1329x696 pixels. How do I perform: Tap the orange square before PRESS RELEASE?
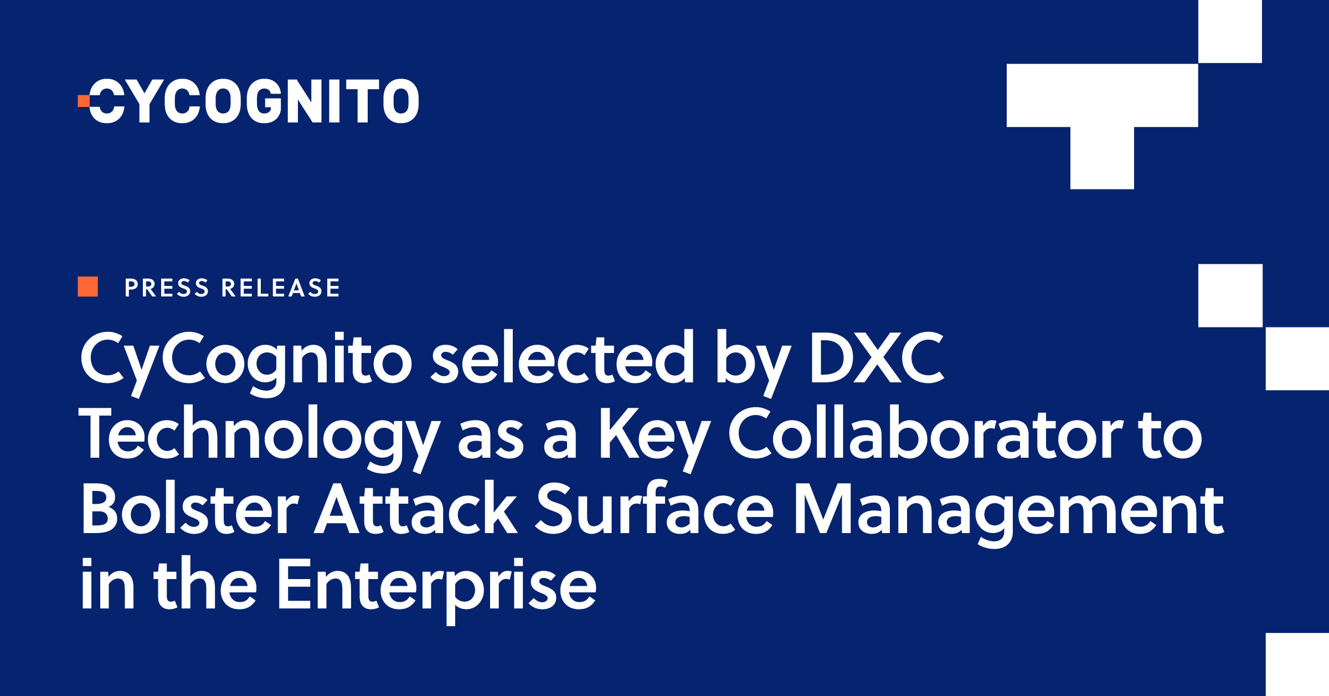coord(87,287)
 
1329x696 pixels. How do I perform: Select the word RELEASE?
coord(281,288)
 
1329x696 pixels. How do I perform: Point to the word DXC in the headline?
coord(877,359)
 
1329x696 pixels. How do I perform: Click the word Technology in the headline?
coord(259,435)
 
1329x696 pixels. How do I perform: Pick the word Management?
coord(1008,510)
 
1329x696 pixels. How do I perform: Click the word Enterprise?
coord(436,585)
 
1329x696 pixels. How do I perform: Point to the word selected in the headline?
coord(562,358)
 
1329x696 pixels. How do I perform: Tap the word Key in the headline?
coord(653,435)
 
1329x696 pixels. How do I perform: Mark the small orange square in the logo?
coord(83,101)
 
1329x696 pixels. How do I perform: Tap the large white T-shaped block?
coord(1102,111)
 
